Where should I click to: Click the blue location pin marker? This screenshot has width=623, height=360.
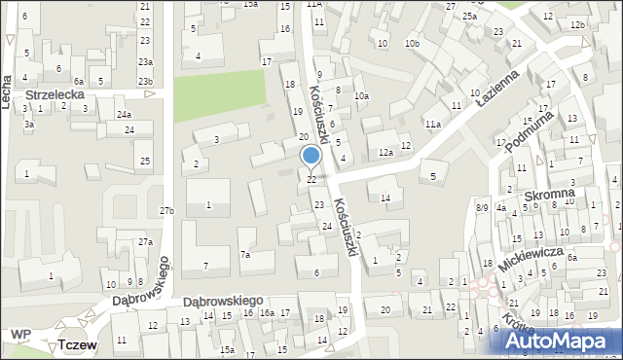311,156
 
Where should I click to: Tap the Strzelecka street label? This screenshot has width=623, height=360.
55,94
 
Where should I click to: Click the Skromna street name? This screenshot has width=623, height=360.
549,197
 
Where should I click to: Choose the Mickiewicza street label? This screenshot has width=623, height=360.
531,258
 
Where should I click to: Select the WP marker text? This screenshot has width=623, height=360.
20,335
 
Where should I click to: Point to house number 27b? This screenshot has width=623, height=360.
167,211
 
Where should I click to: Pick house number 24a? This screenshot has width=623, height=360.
124,115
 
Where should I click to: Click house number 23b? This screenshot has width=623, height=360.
145,81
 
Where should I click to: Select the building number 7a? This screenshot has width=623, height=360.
246,255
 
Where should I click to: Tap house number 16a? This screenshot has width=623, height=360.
267,313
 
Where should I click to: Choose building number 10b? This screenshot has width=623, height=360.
413,44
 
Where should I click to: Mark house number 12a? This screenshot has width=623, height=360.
385,153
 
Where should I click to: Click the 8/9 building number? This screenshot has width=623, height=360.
482,207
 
